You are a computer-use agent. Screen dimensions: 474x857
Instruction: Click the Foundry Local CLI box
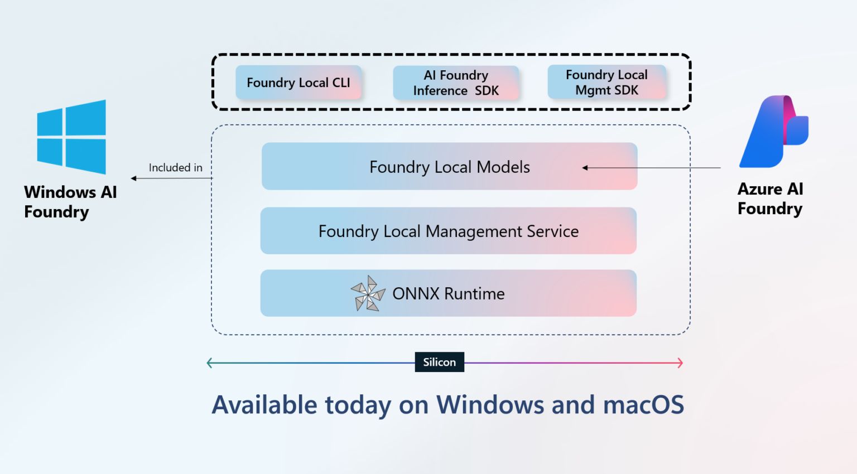click(298, 83)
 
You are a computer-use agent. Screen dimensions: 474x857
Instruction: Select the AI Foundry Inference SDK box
click(456, 83)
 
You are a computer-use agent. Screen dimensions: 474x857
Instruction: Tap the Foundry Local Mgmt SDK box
click(606, 82)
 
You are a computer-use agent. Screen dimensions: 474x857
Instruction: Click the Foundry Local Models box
click(449, 166)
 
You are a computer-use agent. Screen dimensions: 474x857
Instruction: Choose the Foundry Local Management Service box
click(448, 231)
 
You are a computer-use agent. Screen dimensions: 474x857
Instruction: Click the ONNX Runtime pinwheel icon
click(368, 293)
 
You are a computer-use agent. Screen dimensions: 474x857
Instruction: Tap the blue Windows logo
click(71, 137)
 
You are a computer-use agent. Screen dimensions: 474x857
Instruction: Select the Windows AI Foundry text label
click(70, 202)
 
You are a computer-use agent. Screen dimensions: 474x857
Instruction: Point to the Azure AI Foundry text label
click(770, 199)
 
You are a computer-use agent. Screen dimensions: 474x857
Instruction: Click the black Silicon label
click(439, 362)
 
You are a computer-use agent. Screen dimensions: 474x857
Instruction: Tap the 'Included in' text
click(175, 167)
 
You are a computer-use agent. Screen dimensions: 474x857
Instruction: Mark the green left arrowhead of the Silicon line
click(209, 363)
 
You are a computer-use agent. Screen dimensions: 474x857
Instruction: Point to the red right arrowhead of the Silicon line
click(680, 363)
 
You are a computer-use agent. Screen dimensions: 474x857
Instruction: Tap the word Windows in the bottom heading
click(489, 405)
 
